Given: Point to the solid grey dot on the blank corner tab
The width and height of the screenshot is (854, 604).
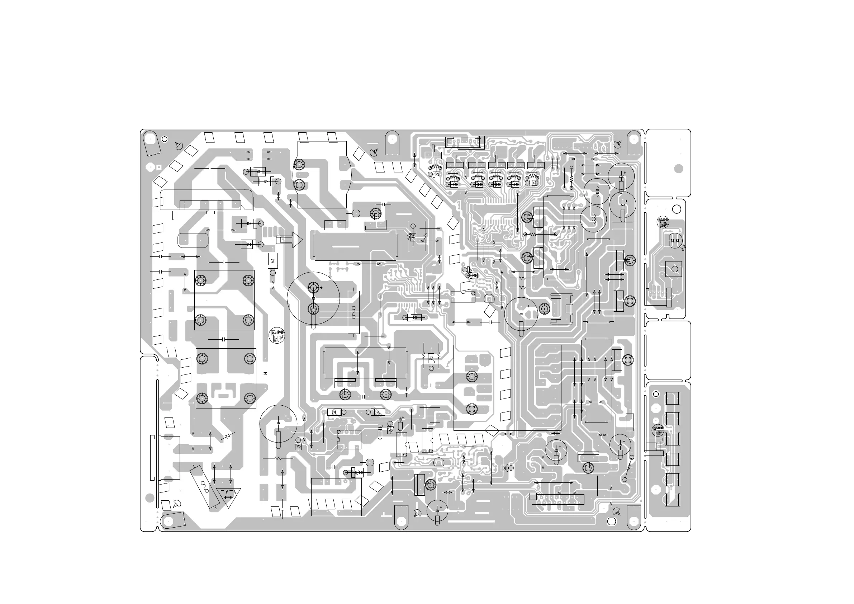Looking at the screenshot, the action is tap(678, 169).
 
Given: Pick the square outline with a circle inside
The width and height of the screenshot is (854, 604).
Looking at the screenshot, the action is tap(674, 269).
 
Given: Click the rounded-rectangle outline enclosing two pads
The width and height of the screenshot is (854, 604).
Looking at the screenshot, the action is tap(193, 240).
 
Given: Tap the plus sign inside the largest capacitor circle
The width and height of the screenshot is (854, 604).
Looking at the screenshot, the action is tap(321, 287).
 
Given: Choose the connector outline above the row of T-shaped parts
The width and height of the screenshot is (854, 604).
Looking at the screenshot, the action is tap(465, 142).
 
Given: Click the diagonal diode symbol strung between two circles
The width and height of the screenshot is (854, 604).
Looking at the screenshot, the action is tap(628, 468).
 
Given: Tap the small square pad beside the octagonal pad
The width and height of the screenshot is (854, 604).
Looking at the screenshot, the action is tap(159, 167).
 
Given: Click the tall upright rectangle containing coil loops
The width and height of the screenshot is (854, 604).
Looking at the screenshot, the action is tap(354, 312).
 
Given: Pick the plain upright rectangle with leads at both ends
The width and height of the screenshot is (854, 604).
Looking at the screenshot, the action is tap(629, 422).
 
